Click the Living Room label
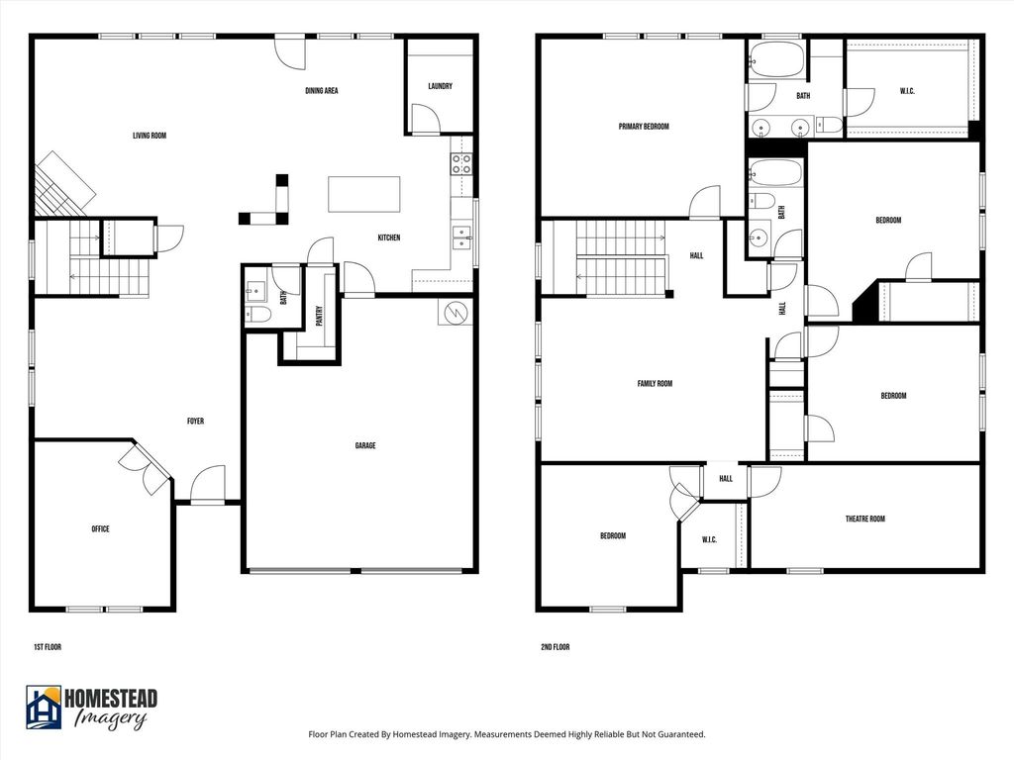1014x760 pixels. click(150, 136)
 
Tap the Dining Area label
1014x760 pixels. click(322, 90)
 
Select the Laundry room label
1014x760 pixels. click(440, 86)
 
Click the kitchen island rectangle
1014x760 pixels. click(363, 194)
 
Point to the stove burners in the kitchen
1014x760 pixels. click(461, 163)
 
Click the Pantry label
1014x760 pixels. click(319, 316)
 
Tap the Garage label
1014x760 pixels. click(364, 445)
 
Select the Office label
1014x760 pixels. click(100, 528)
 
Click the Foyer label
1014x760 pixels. click(195, 421)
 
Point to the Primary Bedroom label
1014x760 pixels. click(644, 127)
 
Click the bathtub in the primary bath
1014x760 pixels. click(776, 59)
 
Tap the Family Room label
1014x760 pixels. click(655, 383)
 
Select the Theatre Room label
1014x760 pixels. click(864, 519)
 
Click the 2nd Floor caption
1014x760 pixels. click(555, 647)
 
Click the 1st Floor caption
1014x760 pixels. click(48, 647)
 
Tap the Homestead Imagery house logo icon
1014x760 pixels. click(44, 707)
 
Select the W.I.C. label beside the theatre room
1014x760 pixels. click(709, 539)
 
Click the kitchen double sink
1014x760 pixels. click(461, 237)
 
